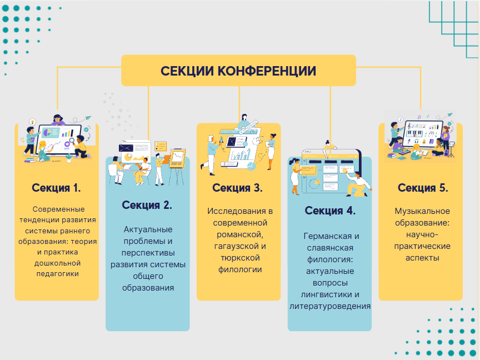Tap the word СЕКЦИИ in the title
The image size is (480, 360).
[187, 71]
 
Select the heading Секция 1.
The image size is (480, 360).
[56, 188]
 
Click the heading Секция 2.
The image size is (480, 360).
[147, 205]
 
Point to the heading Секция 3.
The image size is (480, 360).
[238, 188]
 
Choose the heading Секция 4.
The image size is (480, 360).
[330, 211]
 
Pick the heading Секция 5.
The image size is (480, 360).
[423, 188]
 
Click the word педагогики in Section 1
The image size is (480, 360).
[56, 273]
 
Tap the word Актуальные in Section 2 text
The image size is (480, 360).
[147, 229]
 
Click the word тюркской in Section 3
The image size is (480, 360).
[238, 258]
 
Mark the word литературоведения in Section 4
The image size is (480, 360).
[330, 306]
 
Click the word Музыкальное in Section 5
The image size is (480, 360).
[422, 211]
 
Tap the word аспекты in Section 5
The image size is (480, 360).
[422, 258]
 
